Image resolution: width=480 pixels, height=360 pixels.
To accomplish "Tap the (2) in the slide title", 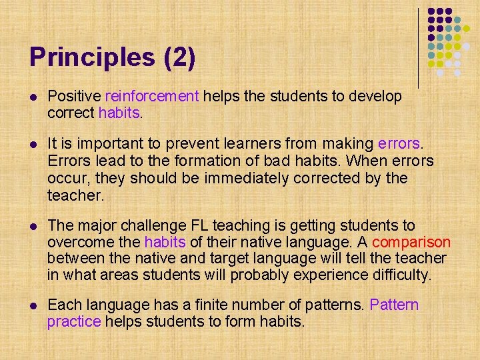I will click(179, 58).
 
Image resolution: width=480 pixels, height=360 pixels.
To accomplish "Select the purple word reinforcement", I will click(152, 97).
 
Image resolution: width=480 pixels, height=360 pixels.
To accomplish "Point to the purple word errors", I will click(399, 144).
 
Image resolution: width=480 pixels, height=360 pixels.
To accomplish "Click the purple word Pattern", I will click(394, 305).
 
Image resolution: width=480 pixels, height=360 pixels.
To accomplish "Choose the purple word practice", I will click(73, 321).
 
